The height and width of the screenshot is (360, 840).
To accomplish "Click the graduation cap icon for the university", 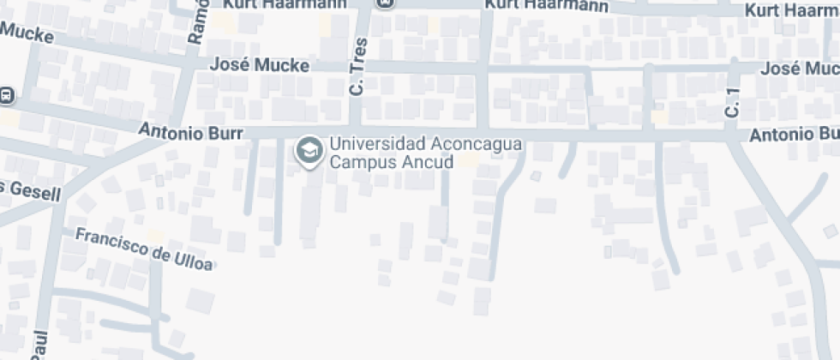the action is [307, 151].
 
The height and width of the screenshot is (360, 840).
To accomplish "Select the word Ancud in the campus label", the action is [422, 161].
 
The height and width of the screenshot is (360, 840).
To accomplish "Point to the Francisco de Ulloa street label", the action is [143, 248].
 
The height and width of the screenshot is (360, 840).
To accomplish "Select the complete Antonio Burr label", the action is [191, 133].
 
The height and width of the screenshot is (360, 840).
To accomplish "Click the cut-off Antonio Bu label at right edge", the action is [794, 135].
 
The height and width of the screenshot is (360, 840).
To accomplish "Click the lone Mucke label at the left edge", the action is [27, 35].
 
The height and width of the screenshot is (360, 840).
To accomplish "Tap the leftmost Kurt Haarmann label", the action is [285, 4].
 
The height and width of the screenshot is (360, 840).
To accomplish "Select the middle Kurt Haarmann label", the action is [546, 5].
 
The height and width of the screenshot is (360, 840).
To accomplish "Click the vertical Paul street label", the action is [39, 344].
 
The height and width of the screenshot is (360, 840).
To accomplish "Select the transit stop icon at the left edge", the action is [5, 95].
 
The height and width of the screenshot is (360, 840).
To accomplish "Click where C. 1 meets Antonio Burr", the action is [731, 135].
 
